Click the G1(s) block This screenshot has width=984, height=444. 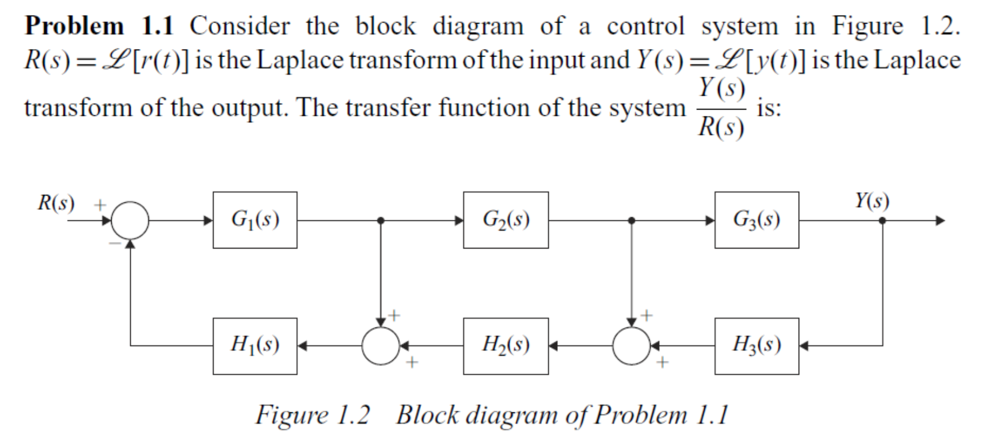[254, 220]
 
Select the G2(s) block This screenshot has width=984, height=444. [506, 220]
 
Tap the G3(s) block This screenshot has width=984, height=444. [756, 220]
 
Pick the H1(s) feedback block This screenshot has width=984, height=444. [254, 345]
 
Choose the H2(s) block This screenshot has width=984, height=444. [506, 345]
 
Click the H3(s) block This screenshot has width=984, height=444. [756, 345]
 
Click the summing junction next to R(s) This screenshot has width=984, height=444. [130, 220]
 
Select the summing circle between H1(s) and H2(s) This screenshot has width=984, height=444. [381, 346]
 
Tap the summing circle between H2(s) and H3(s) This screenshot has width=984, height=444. [632, 346]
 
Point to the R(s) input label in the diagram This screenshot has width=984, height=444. [56, 203]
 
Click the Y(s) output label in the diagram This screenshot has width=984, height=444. [871, 201]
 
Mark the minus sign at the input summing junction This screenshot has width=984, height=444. [115, 244]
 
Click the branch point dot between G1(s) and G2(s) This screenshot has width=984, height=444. [380, 220]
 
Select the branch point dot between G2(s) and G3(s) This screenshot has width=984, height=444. [632, 220]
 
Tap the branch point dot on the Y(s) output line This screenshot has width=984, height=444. [883, 220]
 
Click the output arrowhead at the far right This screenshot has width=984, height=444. [940, 220]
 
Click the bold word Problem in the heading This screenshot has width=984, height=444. [74, 27]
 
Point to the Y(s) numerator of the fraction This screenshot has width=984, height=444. [721, 88]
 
